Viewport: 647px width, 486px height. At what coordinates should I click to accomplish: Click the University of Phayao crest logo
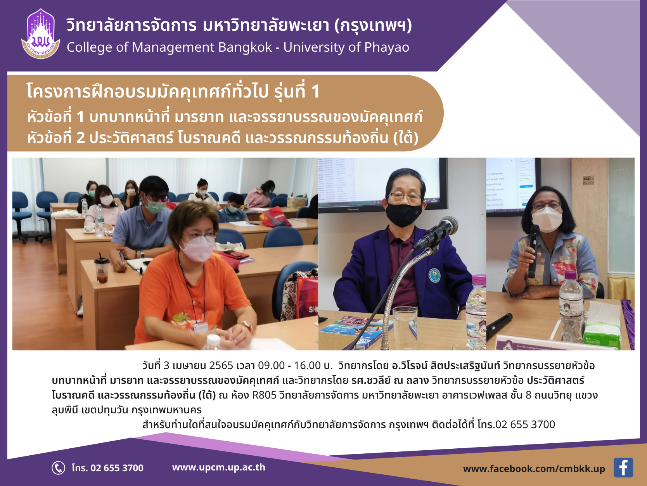pyautogui.click(x=41, y=34)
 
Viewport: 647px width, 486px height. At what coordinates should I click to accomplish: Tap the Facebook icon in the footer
pyautogui.click(x=623, y=467)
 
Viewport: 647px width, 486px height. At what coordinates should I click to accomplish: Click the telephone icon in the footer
pyautogui.click(x=58, y=468)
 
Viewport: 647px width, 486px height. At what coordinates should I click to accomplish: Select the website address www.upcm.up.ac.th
pyautogui.click(x=219, y=467)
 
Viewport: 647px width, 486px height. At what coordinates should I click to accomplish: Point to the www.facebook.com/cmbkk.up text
pyautogui.click(x=534, y=469)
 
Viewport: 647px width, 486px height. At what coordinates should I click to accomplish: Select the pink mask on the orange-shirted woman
pyautogui.click(x=197, y=249)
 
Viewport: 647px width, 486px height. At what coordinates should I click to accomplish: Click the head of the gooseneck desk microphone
pyautogui.click(x=448, y=225)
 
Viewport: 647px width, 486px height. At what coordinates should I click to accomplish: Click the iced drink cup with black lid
pyautogui.click(x=102, y=270)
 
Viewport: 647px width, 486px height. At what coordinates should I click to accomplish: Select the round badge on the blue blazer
pyautogui.click(x=434, y=275)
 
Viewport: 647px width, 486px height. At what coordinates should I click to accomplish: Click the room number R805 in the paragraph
pyautogui.click(x=264, y=395)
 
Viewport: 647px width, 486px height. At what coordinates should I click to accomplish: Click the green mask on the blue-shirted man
pyautogui.click(x=155, y=206)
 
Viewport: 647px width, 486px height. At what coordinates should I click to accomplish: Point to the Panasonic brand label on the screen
pyautogui.click(x=353, y=209)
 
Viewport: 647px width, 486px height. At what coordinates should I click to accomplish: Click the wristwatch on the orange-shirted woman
pyautogui.click(x=247, y=326)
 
